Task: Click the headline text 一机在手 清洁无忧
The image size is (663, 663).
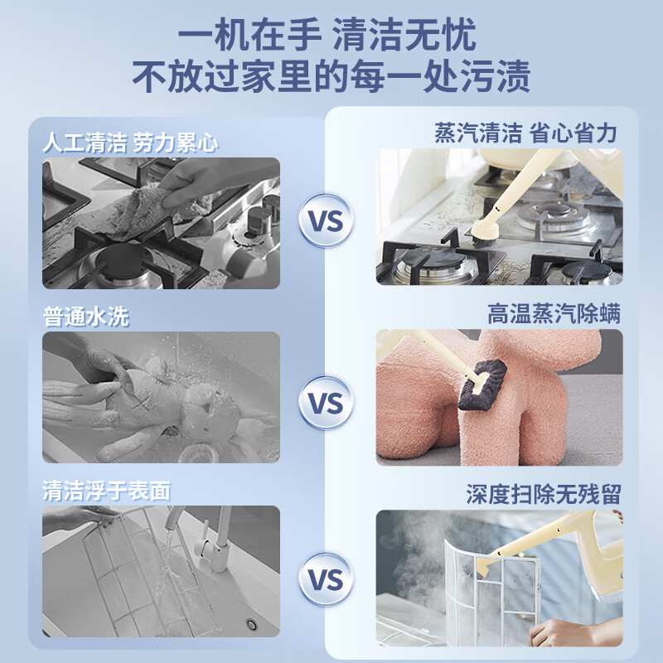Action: [331, 36]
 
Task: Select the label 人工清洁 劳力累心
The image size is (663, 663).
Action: [130, 143]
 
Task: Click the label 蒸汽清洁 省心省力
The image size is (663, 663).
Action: [525, 133]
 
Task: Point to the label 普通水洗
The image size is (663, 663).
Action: [86, 317]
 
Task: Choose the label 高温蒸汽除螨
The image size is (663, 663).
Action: [554, 314]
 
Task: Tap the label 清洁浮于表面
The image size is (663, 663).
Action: [106, 491]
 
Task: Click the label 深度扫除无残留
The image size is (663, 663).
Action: [544, 495]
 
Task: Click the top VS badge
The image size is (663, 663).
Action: [326, 221]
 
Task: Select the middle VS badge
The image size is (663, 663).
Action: [326, 403]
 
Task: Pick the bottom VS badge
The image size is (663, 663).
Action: [326, 579]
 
